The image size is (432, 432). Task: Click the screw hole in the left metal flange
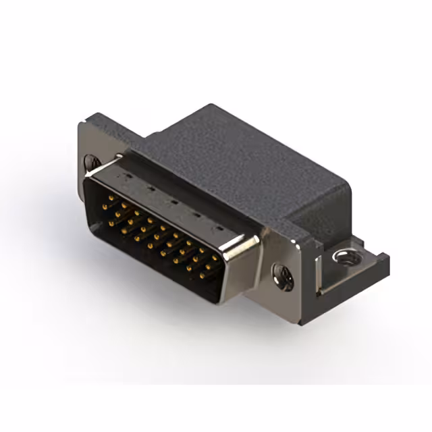pyautogui.click(x=92, y=162)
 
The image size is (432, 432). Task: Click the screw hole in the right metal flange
pyautogui.click(x=282, y=275)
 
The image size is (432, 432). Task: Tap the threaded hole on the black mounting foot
pyautogui.click(x=346, y=256)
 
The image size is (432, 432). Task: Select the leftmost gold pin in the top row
pyautogui.click(x=110, y=198)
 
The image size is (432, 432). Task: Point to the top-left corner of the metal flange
pyautogui.click(x=82, y=124)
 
